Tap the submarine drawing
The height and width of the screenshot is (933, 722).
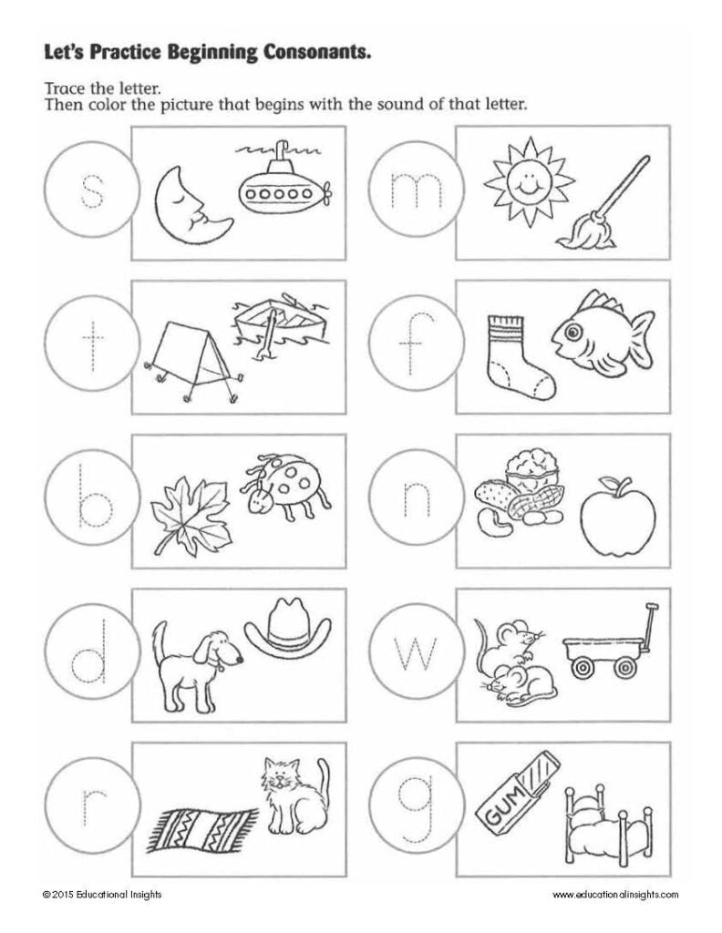coord(282,188)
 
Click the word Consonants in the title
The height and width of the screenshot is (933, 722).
coord(313,54)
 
